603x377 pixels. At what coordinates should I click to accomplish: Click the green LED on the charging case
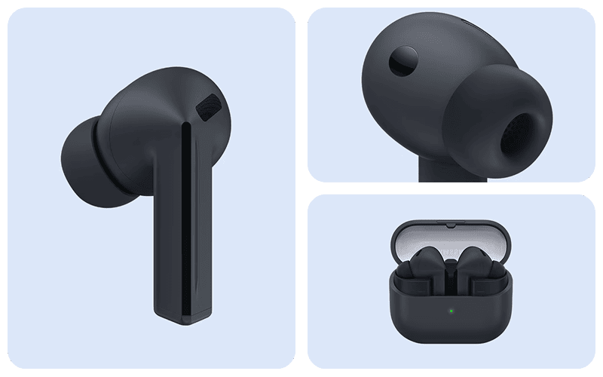coord(450,309)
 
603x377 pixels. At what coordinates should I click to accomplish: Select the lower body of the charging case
coord(450,320)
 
